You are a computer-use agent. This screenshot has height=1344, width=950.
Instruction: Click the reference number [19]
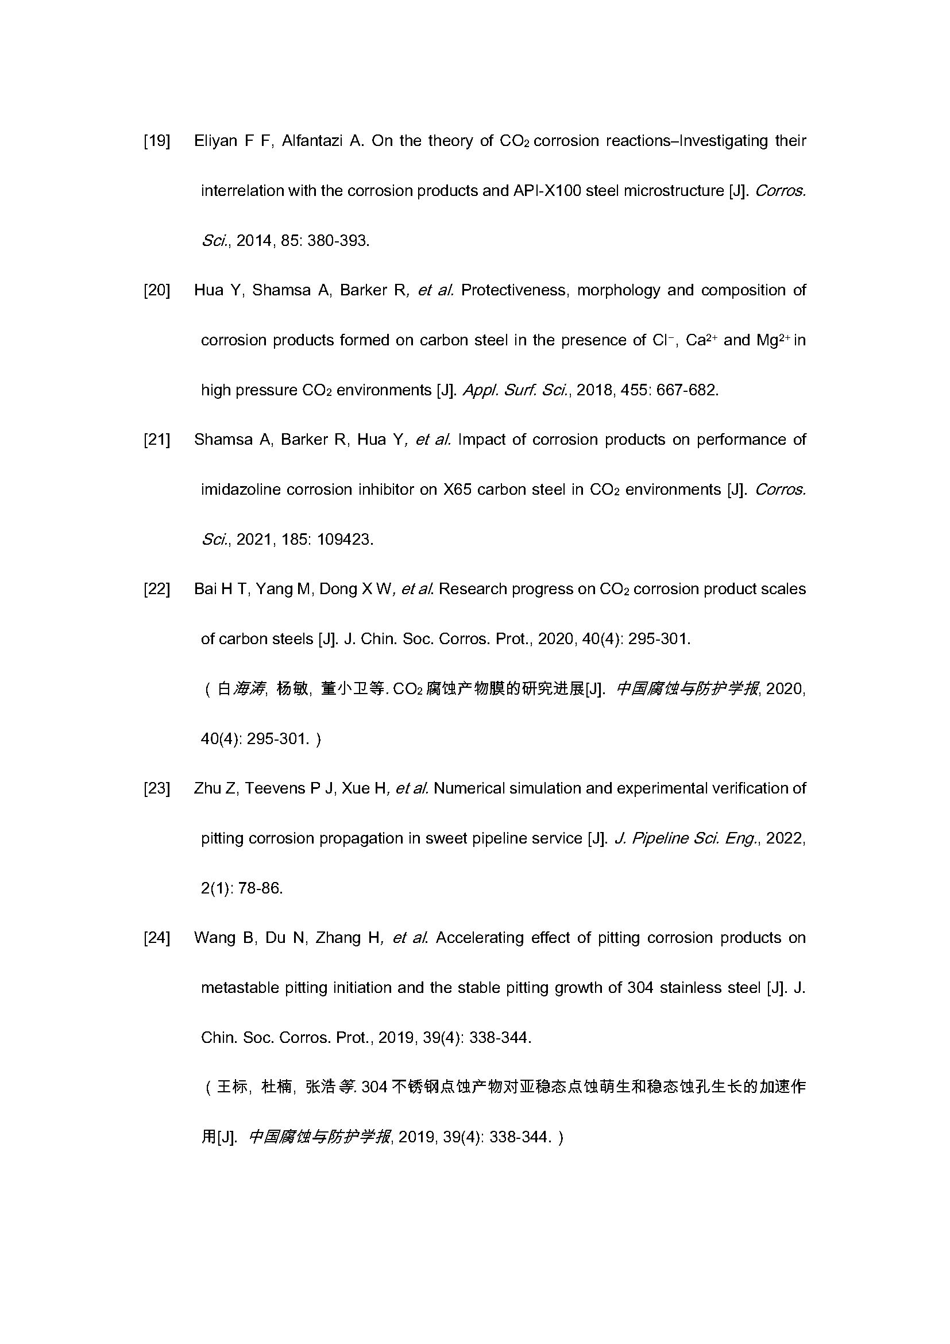click(x=157, y=141)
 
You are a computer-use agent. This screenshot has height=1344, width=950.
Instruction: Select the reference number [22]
click(x=157, y=589)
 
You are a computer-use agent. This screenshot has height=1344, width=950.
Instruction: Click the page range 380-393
click(x=338, y=241)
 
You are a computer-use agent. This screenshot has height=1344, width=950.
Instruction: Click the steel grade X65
click(x=457, y=490)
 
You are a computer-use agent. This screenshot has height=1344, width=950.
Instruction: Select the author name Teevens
click(x=275, y=788)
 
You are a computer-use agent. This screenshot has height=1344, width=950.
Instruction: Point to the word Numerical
click(x=468, y=788)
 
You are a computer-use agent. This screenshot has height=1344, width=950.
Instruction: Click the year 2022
click(x=785, y=838)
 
